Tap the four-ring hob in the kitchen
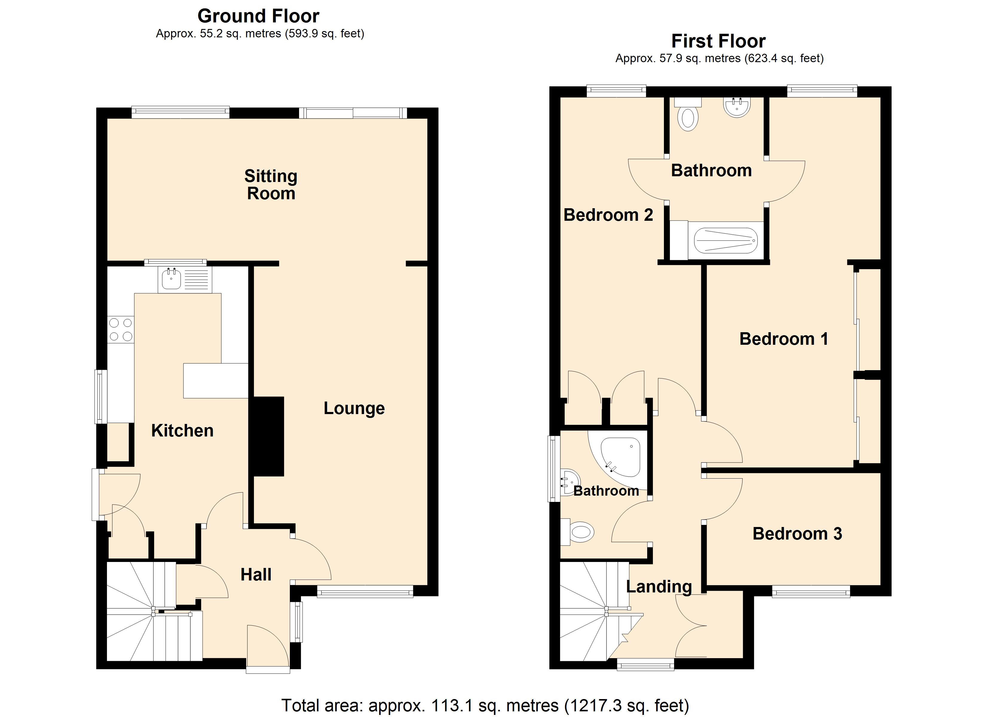(x=121, y=330)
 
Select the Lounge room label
(x=354, y=408)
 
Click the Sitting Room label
(x=271, y=185)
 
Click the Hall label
(x=256, y=575)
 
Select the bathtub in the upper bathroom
(x=725, y=240)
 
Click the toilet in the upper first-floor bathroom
(x=688, y=115)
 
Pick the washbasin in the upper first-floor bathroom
(x=737, y=107)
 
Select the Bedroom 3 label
(x=797, y=534)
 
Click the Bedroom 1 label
(x=783, y=339)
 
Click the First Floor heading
(x=718, y=41)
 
